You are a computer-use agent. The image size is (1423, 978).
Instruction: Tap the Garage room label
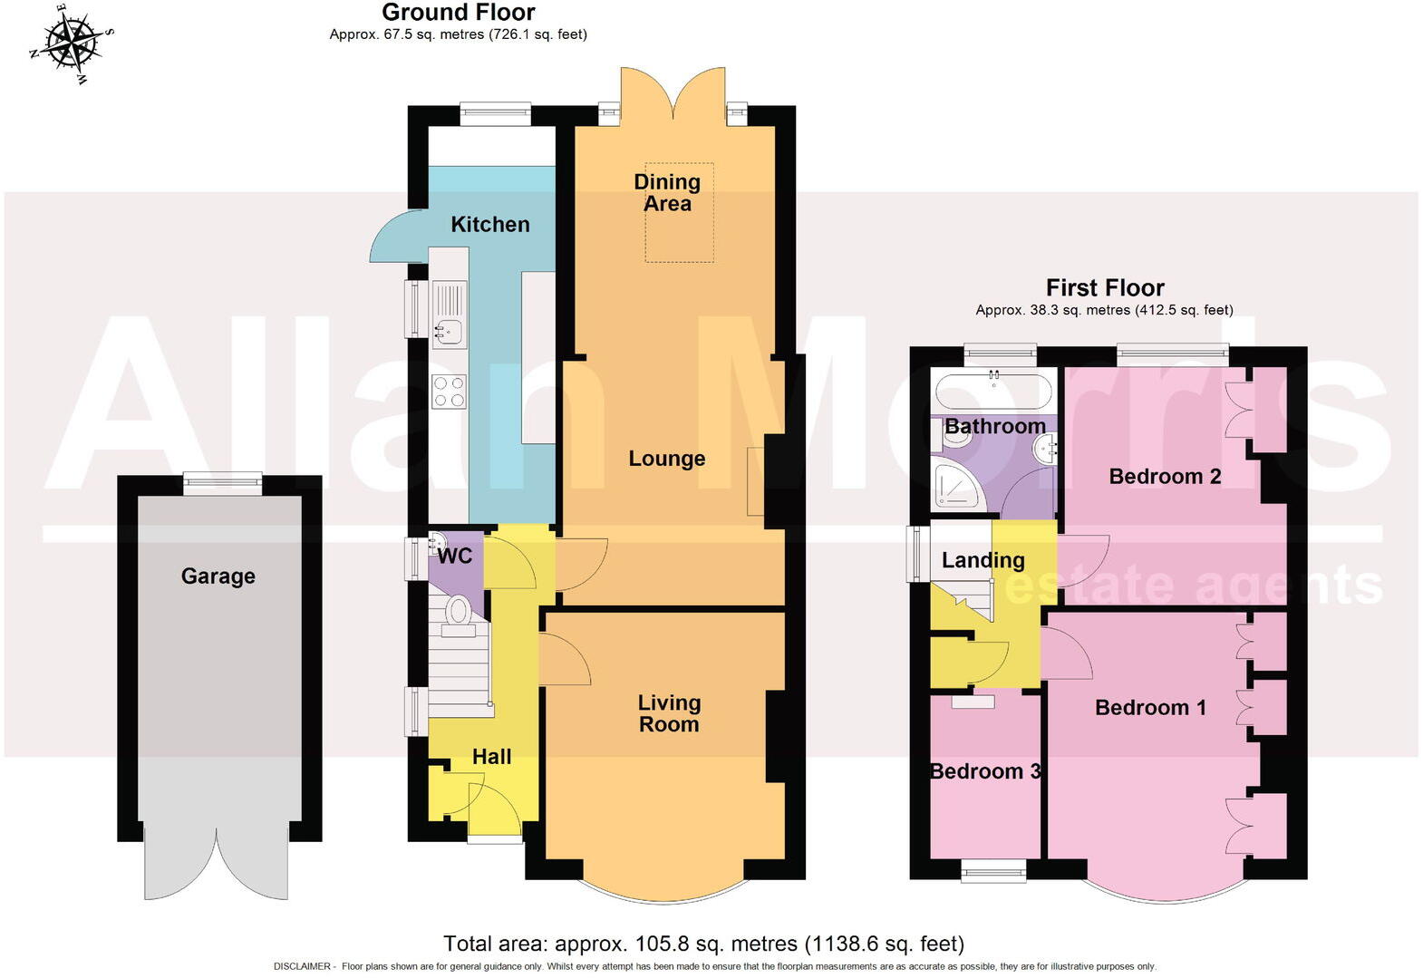(218, 576)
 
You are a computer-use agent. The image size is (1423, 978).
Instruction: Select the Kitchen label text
(490, 225)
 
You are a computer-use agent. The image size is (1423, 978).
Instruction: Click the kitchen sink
(449, 331)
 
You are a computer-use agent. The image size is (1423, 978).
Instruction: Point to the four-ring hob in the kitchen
(449, 392)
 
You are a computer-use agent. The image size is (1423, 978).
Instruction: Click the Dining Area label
(667, 193)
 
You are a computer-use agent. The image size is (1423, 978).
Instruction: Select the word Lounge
(667, 459)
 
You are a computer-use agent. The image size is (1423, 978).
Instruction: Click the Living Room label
(669, 713)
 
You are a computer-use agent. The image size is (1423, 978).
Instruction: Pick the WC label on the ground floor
(454, 557)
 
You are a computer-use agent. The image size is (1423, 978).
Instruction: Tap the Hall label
(491, 757)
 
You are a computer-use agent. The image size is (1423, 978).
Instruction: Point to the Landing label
(983, 561)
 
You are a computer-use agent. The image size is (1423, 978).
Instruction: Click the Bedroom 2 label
(1165, 477)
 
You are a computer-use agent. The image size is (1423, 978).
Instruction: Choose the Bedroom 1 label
(1150, 708)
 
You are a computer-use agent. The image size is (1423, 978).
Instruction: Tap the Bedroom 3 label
(985, 771)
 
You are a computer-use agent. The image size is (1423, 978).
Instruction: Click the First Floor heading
(1104, 288)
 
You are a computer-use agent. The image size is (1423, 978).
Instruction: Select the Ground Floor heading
(458, 13)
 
